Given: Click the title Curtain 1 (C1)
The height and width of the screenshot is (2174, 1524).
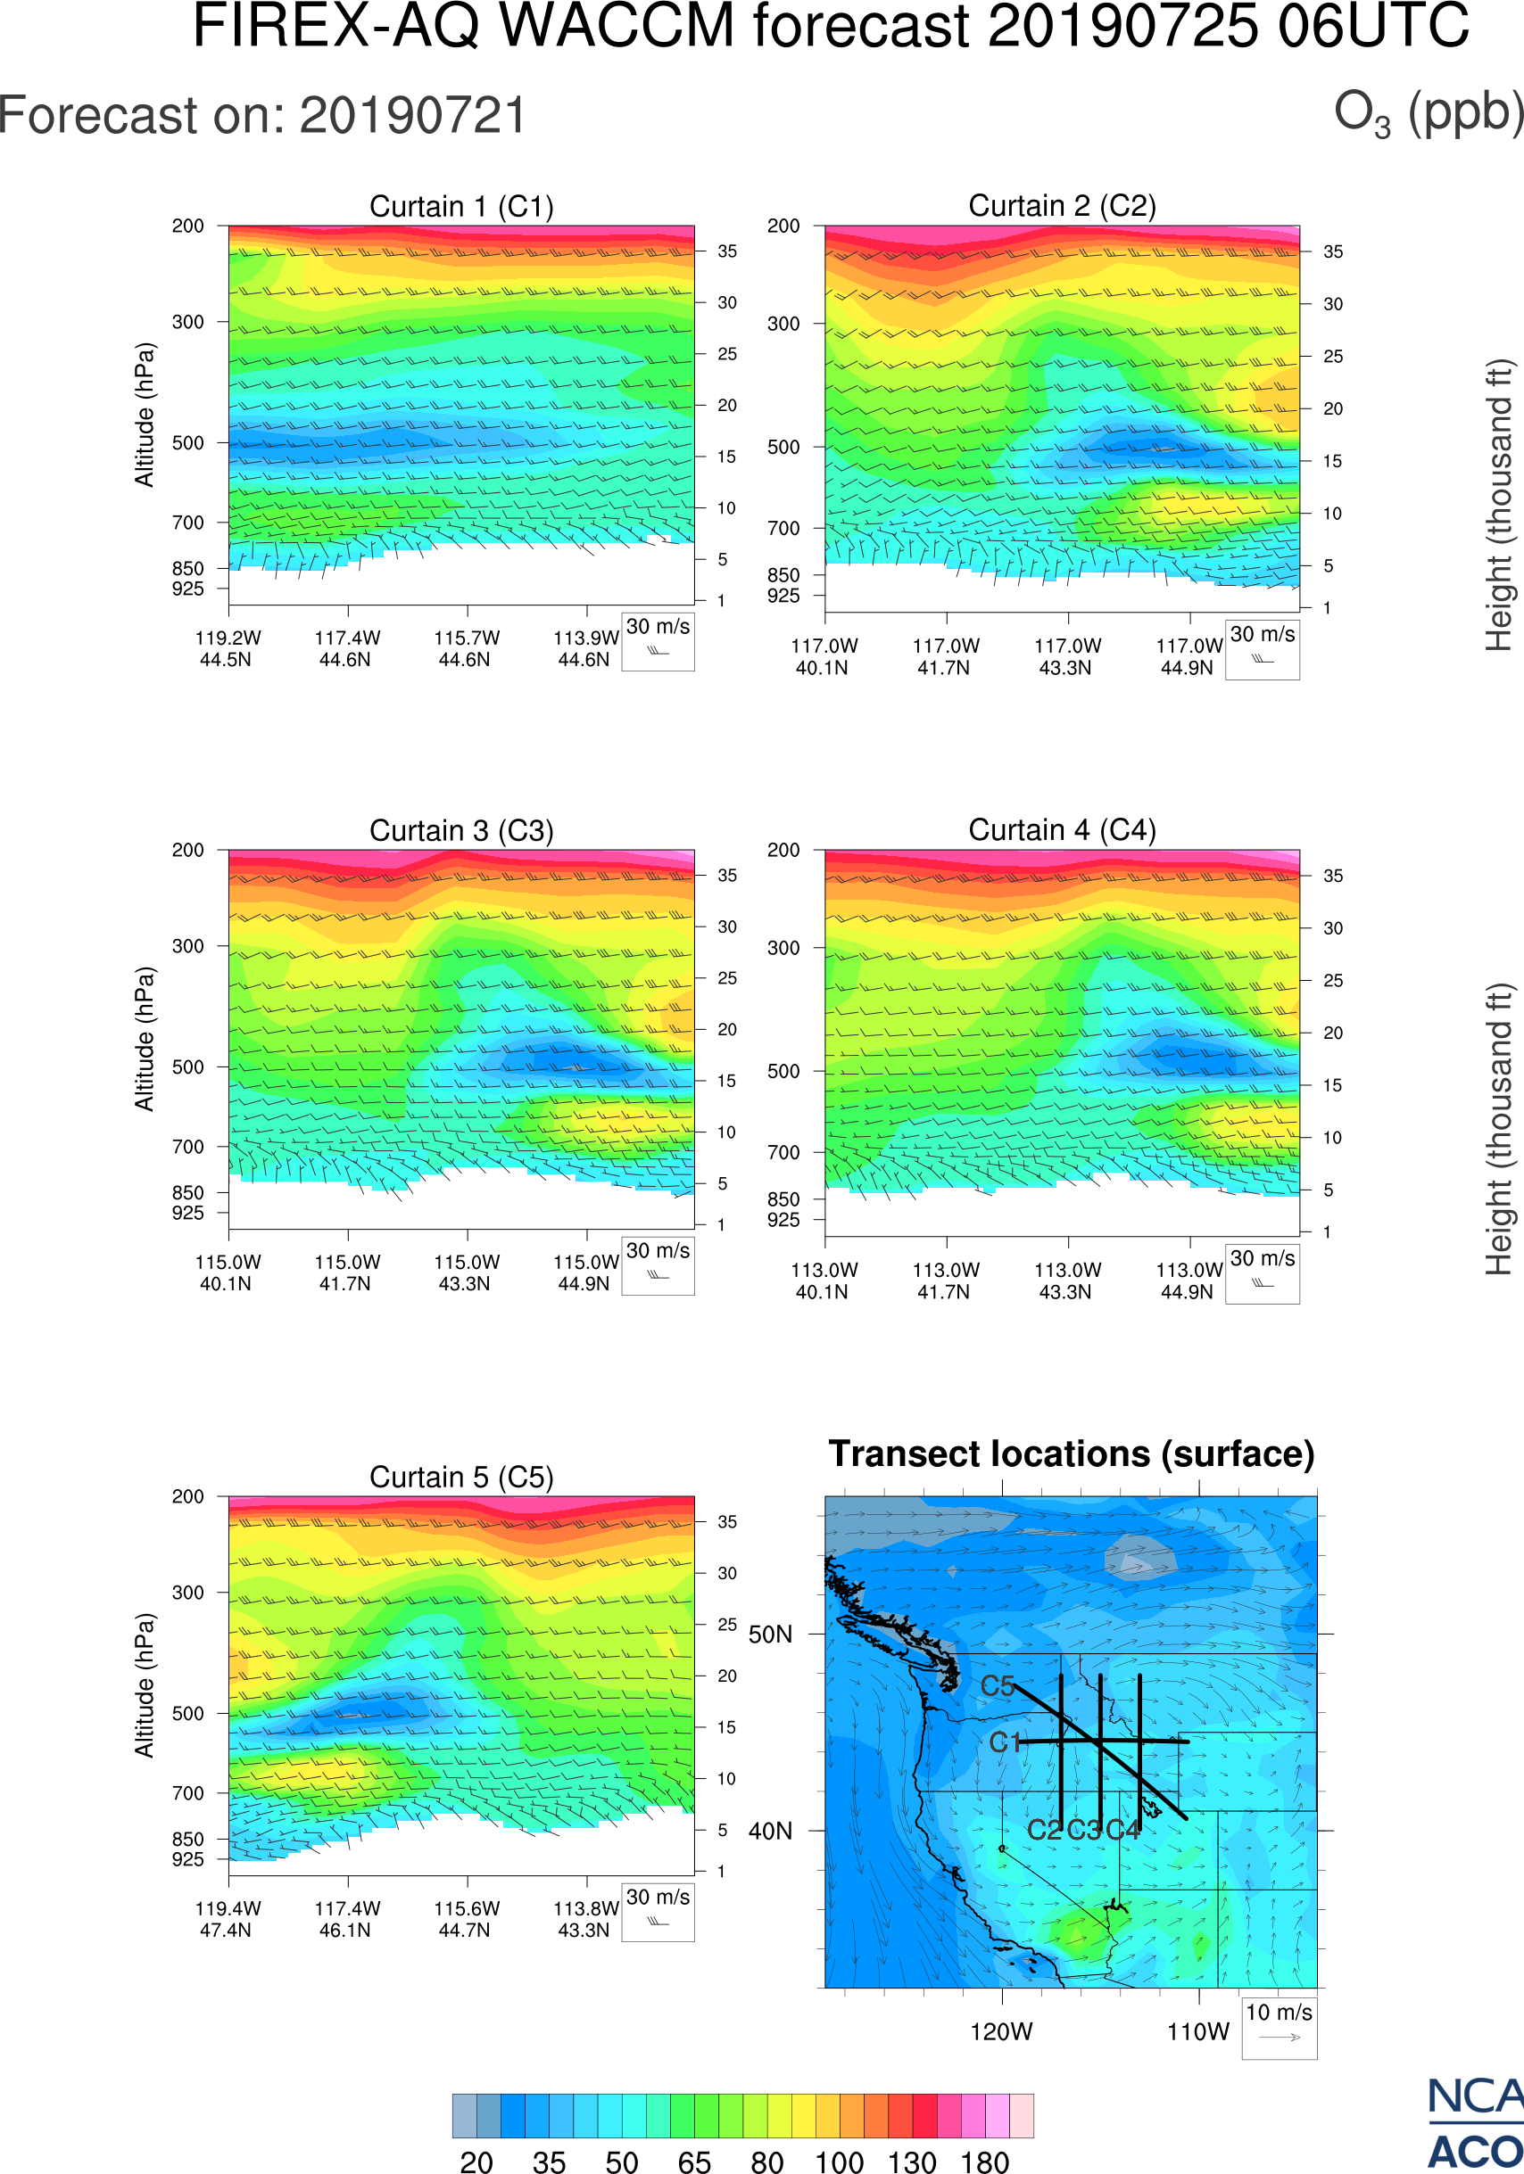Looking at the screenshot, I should point(461,206).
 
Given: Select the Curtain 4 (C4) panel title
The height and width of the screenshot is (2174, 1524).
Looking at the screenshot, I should point(1062,830).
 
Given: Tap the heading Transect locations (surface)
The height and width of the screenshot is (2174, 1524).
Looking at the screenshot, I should point(1072,1453).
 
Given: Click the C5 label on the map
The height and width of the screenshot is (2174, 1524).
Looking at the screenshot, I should point(998,1685).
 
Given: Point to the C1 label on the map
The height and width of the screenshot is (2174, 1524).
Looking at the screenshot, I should point(1005,1742).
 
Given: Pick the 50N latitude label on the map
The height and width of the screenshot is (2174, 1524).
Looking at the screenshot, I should point(770,1635).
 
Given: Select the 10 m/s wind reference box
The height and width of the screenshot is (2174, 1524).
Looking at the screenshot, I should point(1279,2026).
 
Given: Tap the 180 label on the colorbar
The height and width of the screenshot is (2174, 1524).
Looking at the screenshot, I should point(984,2162).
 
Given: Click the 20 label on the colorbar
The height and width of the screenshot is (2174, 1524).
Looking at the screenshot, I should point(476,2162).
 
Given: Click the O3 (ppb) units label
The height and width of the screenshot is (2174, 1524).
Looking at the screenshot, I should point(1429,112).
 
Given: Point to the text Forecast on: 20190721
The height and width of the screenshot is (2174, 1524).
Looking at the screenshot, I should point(262,116).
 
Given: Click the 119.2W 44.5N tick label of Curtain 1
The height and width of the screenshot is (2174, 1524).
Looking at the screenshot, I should point(228,648).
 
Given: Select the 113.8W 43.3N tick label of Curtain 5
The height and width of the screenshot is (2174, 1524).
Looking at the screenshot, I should point(584,1918).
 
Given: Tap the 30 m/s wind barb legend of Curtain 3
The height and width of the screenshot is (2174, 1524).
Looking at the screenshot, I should point(658,1265).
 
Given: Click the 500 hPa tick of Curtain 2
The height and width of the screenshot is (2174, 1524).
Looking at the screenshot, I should point(783,447).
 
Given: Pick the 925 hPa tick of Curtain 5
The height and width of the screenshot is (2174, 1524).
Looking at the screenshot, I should point(187,1859).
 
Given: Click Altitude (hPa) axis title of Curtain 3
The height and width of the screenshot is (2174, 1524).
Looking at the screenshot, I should point(144,1039).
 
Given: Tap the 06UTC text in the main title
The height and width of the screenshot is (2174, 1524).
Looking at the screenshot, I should point(1373,27).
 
